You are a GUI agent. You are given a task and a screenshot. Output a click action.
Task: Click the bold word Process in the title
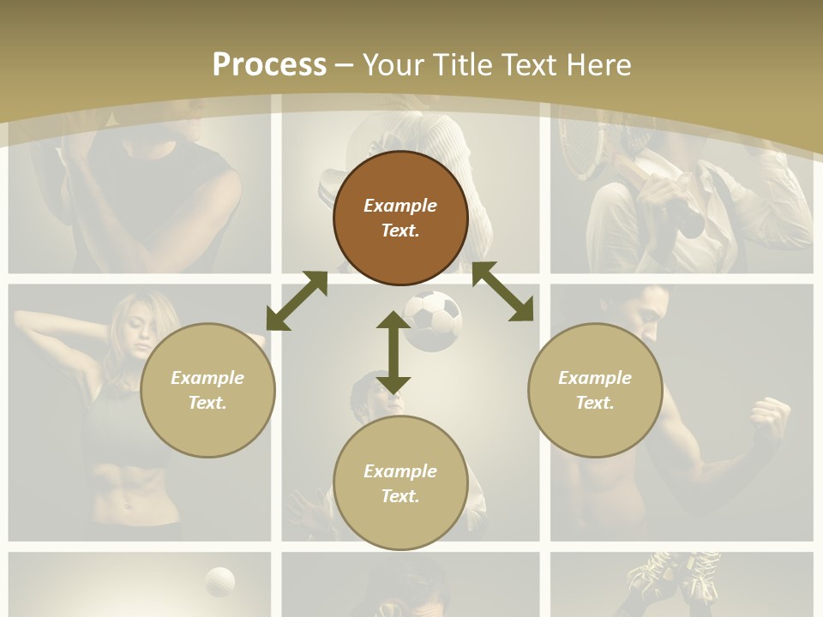point(269,64)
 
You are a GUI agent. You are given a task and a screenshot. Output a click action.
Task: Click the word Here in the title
point(598,64)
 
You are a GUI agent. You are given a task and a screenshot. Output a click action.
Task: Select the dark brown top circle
point(400,218)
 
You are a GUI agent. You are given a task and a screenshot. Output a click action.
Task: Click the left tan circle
point(207,390)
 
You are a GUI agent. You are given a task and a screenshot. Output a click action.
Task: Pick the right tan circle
point(595,390)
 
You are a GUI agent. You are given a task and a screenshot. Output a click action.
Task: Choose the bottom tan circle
point(400,482)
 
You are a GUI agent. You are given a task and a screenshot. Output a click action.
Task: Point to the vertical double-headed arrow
point(393,352)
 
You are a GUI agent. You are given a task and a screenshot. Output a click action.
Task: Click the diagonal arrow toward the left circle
point(297,301)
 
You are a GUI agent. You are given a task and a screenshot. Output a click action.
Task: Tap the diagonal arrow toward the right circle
point(502,291)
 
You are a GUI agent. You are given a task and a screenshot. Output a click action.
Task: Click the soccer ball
point(432,320)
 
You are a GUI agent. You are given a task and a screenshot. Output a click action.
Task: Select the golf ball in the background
point(220,581)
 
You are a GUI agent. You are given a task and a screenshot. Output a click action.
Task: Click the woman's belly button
point(128,506)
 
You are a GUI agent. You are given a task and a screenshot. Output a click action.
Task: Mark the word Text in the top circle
point(400,231)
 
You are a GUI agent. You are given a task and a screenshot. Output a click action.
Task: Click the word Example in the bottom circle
point(400,470)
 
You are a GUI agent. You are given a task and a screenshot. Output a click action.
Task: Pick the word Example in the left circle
point(207,378)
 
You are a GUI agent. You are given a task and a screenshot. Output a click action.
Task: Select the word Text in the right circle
point(595,403)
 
